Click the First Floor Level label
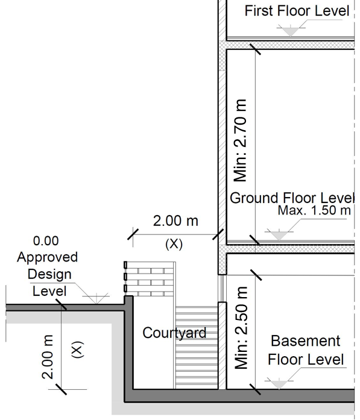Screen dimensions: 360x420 click(297, 11)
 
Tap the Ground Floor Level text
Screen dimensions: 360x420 click(292, 198)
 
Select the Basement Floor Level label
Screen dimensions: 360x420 click(306, 350)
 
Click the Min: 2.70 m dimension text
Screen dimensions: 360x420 click(240, 140)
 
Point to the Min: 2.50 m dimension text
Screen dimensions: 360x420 click(241, 328)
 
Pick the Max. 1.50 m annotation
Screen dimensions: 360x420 click(314, 210)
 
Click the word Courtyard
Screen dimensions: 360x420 click(174, 333)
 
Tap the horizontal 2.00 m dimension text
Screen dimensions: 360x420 click(175, 221)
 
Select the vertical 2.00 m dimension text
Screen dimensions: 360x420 click(48, 357)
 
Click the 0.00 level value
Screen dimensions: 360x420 click(46, 241)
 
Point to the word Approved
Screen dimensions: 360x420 click(48, 257)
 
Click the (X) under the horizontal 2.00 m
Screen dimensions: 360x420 click(174, 244)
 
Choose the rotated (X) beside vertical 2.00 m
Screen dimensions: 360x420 click(78, 349)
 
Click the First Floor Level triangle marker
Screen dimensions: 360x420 click(290, 30)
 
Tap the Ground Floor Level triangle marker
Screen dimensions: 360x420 click(279, 235)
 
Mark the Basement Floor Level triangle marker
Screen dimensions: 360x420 click(279, 384)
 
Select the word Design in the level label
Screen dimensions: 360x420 click(49, 274)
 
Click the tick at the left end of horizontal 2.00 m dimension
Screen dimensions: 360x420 click(133, 234)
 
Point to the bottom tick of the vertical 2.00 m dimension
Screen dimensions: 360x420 click(61, 389)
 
